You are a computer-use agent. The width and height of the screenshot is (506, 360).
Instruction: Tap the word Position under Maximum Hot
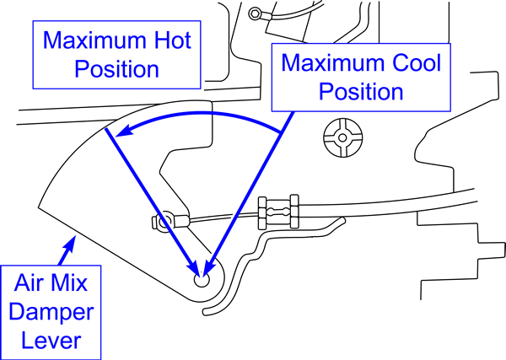(117, 68)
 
